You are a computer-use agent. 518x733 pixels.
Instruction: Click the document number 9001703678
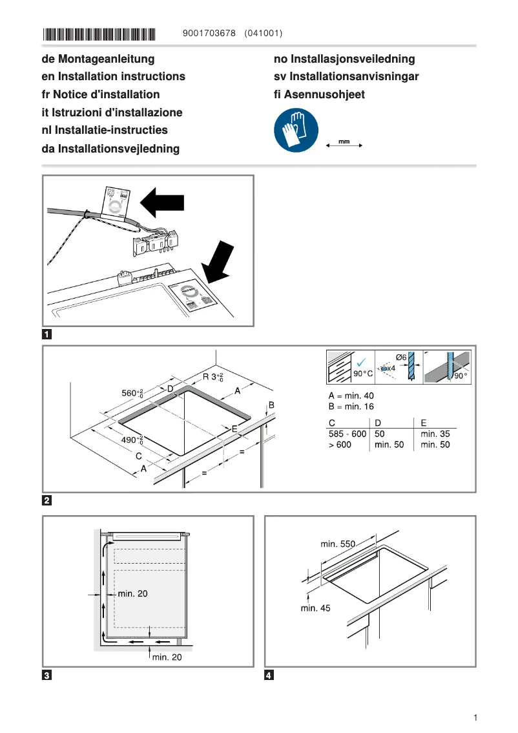pos(209,33)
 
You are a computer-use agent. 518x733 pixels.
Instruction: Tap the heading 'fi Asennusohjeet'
pos(319,94)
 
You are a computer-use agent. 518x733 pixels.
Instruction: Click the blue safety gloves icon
pos(295,129)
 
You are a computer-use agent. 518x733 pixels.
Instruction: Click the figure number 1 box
pos(47,335)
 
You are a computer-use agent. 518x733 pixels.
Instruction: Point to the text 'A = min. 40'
pos(351,396)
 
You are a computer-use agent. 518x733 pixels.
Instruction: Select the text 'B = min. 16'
pos(351,407)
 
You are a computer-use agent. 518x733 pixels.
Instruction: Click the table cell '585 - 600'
pos(347,434)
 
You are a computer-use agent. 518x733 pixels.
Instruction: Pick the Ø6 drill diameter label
pos(400,357)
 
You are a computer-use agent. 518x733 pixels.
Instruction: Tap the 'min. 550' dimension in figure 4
pos(338,544)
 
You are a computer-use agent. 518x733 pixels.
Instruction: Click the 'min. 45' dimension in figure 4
pos(315,608)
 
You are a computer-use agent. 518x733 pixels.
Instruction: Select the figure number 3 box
pos(47,676)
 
